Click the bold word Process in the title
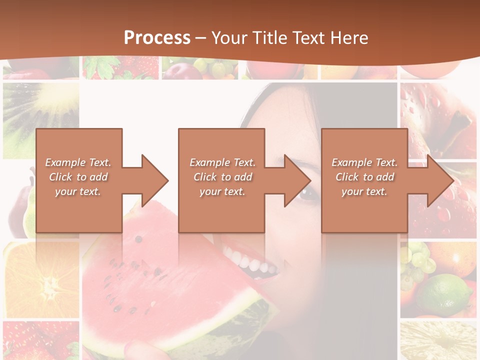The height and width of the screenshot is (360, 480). tap(157, 38)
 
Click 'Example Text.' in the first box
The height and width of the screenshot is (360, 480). tap(78, 162)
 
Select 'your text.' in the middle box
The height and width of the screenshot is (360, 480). tap(222, 191)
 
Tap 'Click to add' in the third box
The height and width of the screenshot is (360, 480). tap(364, 177)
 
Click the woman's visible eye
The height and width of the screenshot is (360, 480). tap(306, 194)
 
